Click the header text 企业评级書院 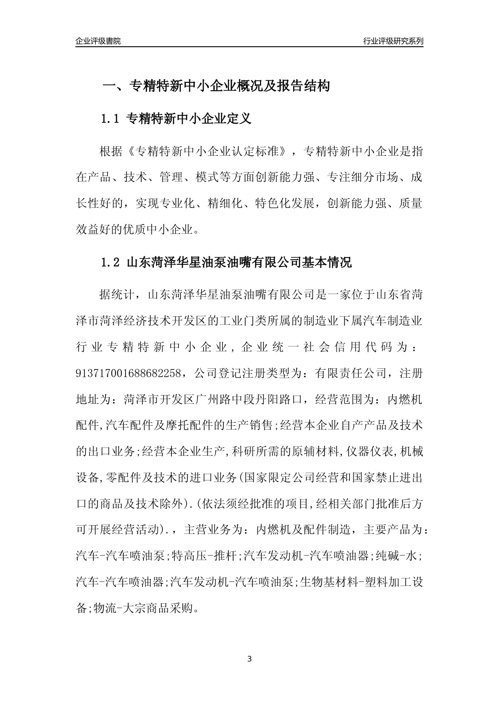[x=98, y=41]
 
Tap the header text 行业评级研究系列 [x=393, y=41]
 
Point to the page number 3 [x=249, y=659]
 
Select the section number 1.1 [x=111, y=119]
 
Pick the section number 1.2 [x=111, y=262]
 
